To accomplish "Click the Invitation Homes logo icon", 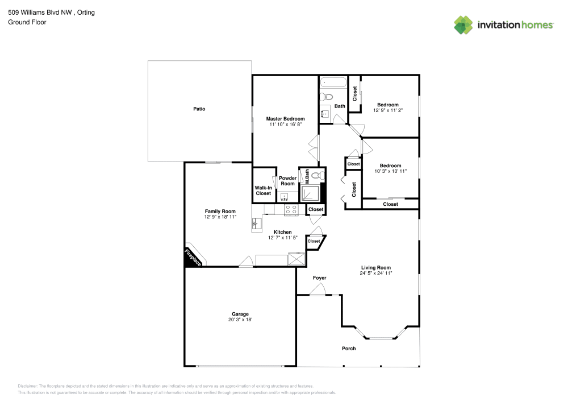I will pyautogui.click(x=463, y=24).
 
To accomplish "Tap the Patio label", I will pyautogui.click(x=199, y=109).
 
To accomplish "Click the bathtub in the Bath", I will pyautogui.click(x=333, y=83).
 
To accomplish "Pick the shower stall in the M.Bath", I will pyautogui.click(x=310, y=193).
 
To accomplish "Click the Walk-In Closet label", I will pyautogui.click(x=263, y=190).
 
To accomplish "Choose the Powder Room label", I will pyautogui.click(x=287, y=181).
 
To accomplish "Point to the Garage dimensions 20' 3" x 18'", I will pyautogui.click(x=240, y=320).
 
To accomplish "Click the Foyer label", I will pyautogui.click(x=320, y=277).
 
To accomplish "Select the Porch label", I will pyautogui.click(x=349, y=348).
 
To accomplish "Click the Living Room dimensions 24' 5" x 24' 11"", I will pyautogui.click(x=376, y=273).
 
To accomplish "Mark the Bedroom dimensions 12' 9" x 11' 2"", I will pyautogui.click(x=388, y=110).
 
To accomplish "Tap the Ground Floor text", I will pyautogui.click(x=27, y=22).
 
